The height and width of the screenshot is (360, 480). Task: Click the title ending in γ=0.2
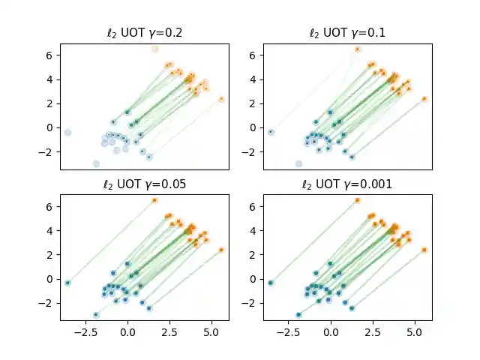tap(144, 34)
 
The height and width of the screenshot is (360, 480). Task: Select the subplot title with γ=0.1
tap(347, 34)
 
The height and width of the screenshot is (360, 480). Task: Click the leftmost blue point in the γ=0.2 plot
tap(67, 132)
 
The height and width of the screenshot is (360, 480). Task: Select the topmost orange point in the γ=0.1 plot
tap(357, 49)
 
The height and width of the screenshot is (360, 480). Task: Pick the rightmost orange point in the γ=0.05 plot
tap(221, 250)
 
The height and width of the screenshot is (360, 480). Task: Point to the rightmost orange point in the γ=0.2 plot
tap(221, 99)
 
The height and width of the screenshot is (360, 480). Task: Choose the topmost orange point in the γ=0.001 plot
tap(357, 200)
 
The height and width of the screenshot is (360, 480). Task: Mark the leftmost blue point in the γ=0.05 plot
tap(67, 283)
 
